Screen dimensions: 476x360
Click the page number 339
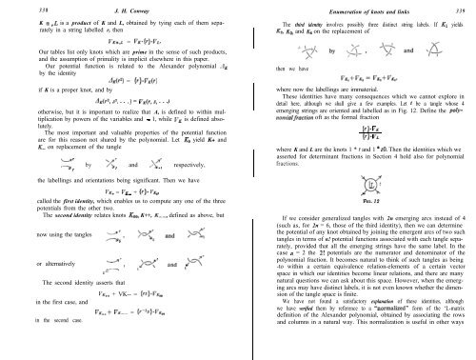click(x=464, y=8)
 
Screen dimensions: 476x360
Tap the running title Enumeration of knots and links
click(x=357, y=8)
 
